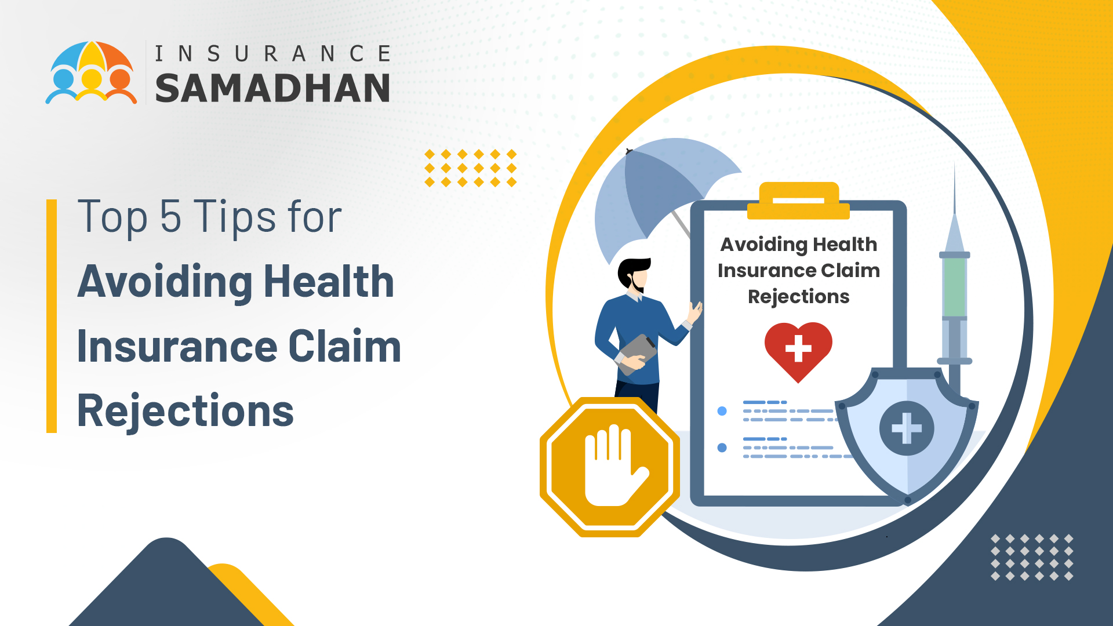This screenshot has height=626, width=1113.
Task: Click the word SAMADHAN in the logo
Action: coord(272,88)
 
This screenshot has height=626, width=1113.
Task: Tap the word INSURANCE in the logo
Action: coord(272,54)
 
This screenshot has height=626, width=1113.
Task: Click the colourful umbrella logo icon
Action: coord(92,72)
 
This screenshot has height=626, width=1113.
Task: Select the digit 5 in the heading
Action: coord(170,216)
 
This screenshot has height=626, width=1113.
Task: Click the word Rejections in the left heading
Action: coord(185,411)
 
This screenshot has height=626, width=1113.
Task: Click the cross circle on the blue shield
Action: coord(907,428)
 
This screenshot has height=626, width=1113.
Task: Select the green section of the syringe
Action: coord(954,287)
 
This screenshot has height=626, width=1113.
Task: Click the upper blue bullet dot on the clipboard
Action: coord(722,411)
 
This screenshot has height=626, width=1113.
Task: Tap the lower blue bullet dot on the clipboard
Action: coord(722,447)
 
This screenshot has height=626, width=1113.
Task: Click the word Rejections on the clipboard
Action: coord(798,297)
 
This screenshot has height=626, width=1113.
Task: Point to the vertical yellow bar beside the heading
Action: coord(52,316)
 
